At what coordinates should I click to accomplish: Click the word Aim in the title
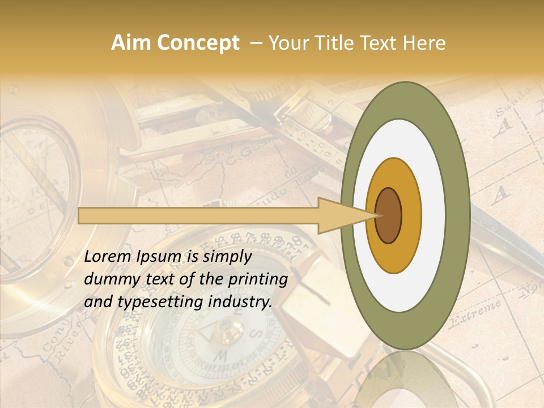tap(129, 43)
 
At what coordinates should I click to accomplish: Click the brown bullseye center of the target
tap(389, 215)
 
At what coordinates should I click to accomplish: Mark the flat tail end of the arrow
tap(79, 215)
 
